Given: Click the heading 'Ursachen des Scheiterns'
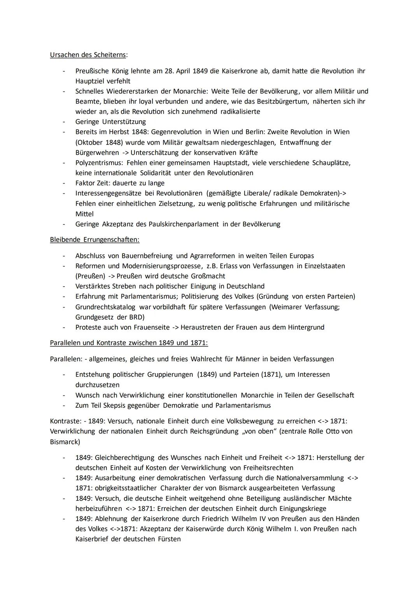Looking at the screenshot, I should click(88, 55).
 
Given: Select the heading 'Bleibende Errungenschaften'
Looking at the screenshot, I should click(94, 240).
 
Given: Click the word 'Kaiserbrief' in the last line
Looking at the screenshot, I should click(92, 539).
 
